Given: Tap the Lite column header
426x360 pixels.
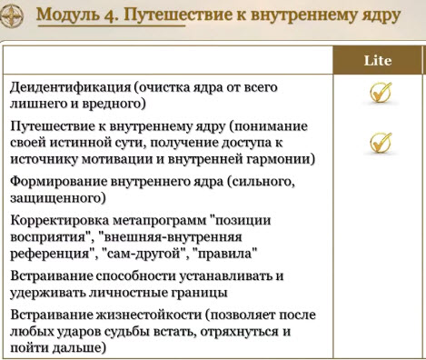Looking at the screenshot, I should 377,60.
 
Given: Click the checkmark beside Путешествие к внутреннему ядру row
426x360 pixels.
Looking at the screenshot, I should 380,142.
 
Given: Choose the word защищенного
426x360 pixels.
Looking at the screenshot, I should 56,196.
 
